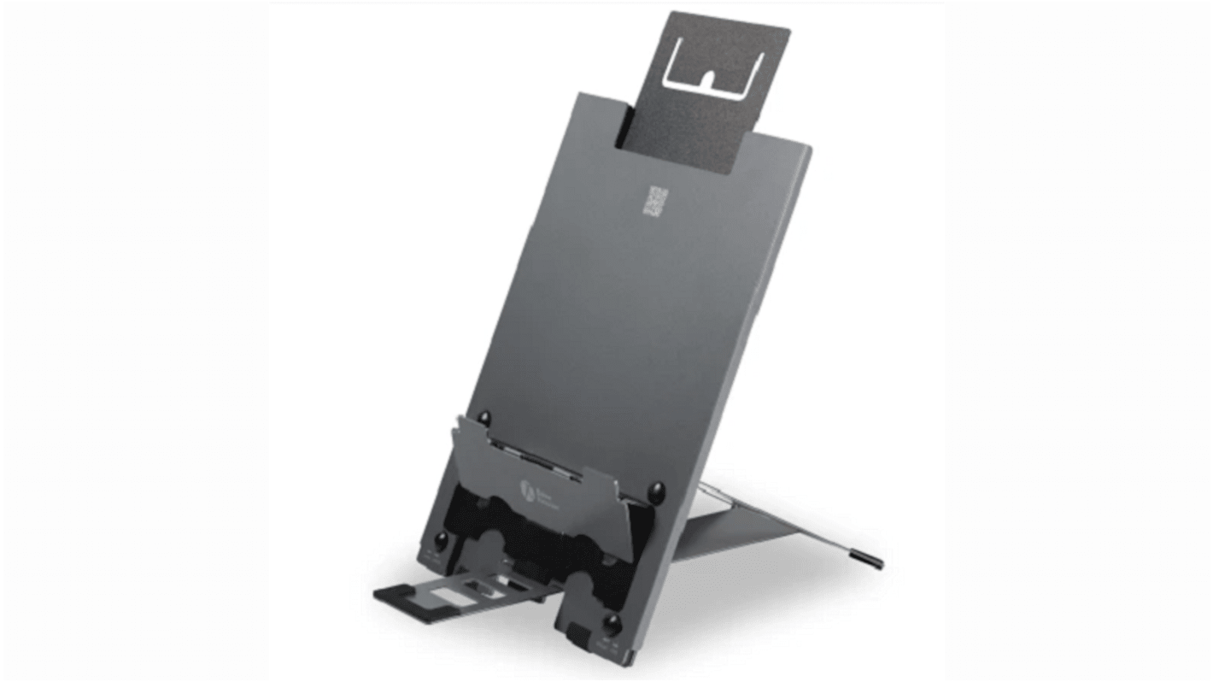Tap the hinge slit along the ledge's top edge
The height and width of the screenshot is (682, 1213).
click(x=547, y=462)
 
